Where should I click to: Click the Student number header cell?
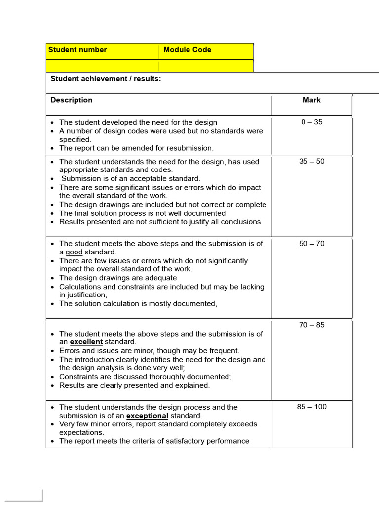(77, 50)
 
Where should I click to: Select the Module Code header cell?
(187, 50)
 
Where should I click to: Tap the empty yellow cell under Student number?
(103, 66)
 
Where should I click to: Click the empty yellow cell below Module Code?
(206, 66)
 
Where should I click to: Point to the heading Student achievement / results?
(106, 78)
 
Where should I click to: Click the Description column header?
(72, 100)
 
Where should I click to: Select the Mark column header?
(311, 100)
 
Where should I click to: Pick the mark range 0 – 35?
(311, 122)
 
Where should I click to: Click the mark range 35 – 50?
(311, 161)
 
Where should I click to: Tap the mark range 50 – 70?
(311, 244)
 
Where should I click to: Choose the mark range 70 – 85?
(311, 325)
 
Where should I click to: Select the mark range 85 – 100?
(311, 407)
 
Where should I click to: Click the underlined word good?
(74, 252)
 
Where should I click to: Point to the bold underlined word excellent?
(86, 342)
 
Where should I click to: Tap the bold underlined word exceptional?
(147, 416)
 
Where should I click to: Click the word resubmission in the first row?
(191, 148)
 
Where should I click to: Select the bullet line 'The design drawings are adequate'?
(118, 278)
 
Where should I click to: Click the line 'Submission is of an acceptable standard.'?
(131, 178)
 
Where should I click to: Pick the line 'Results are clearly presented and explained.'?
(134, 385)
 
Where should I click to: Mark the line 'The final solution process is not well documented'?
(142, 213)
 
